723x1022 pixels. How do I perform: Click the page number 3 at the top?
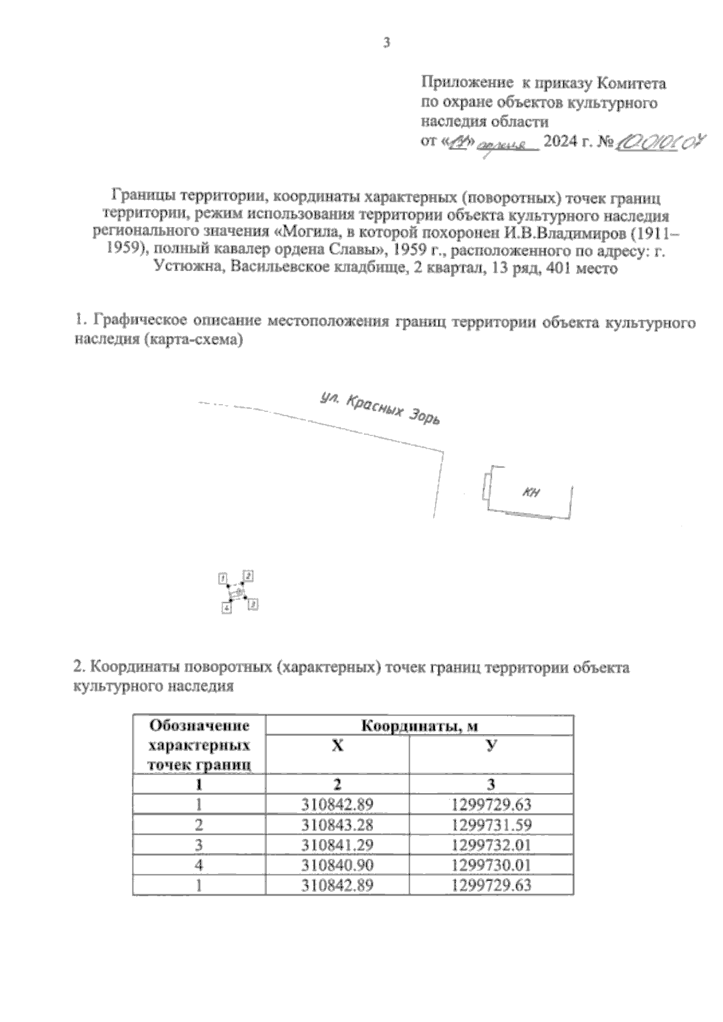coord(386,43)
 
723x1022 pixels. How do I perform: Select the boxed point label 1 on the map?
coord(222,578)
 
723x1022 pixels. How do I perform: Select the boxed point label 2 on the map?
coord(248,575)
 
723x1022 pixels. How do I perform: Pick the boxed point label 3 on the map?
coord(253,603)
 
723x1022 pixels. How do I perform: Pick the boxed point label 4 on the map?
coord(227,608)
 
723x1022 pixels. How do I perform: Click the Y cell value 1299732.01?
coord(491,844)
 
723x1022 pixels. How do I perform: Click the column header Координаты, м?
coord(419,726)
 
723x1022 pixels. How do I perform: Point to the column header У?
coord(492,746)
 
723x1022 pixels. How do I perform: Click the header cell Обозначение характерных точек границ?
coord(199,746)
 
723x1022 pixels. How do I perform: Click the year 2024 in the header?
coord(558,143)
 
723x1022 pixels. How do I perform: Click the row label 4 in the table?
coord(199,865)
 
